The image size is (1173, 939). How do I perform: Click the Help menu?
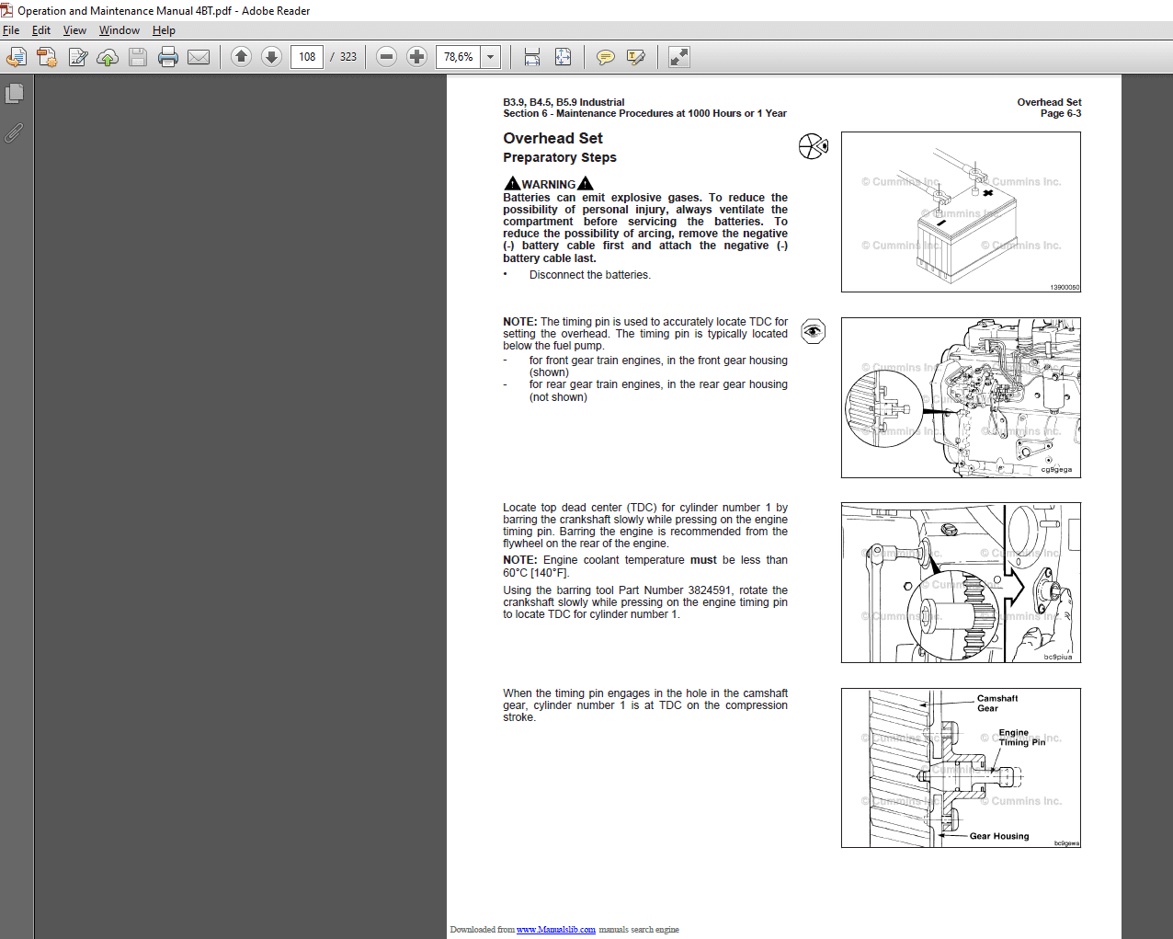pyautogui.click(x=164, y=30)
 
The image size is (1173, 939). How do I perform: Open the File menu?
pyautogui.click(x=11, y=30)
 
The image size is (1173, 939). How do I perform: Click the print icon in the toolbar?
pyautogui.click(x=167, y=57)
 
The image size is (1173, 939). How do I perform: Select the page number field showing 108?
pyautogui.click(x=307, y=57)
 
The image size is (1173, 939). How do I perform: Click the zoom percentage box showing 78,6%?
pyautogui.click(x=459, y=57)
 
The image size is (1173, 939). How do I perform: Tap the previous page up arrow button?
pyautogui.click(x=241, y=57)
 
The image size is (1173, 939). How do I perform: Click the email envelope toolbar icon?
pyautogui.click(x=199, y=57)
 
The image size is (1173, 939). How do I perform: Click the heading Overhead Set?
pyautogui.click(x=552, y=138)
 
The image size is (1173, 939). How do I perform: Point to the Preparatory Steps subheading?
pyautogui.click(x=559, y=157)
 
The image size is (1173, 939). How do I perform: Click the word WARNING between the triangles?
pyautogui.click(x=549, y=184)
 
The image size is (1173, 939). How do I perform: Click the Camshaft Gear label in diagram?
pyautogui.click(x=996, y=703)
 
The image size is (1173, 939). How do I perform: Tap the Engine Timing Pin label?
pyautogui.click(x=1020, y=738)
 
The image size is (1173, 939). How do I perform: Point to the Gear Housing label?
pyautogui.click(x=998, y=836)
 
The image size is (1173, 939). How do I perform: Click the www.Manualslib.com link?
pyautogui.click(x=555, y=930)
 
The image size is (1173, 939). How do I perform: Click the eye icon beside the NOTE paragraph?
pyautogui.click(x=813, y=331)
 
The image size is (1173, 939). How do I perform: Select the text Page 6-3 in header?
pyautogui.click(x=1060, y=113)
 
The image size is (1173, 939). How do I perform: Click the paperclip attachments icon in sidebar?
pyautogui.click(x=14, y=133)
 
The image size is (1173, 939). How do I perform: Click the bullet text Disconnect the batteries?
pyautogui.click(x=589, y=275)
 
